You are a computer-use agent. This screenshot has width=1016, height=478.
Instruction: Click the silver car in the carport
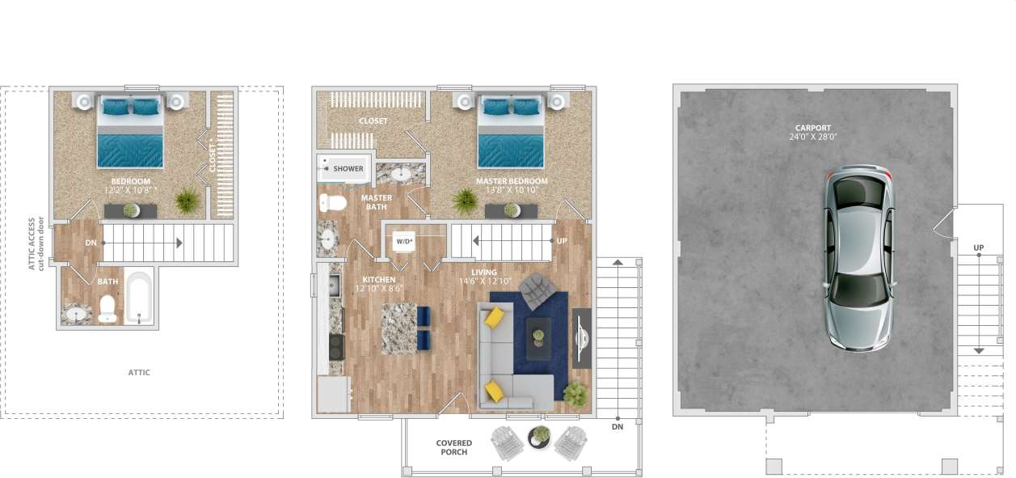pyautogui.click(x=858, y=259)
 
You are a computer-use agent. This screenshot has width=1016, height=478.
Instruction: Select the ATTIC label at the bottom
pyautogui.click(x=139, y=373)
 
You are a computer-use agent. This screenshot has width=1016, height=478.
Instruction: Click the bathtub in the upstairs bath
pyautogui.click(x=139, y=297)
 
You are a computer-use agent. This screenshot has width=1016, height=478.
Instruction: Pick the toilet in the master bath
pyautogui.click(x=332, y=201)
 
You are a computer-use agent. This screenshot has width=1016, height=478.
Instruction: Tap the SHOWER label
pyautogui.click(x=348, y=169)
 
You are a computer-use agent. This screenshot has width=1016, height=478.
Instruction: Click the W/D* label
pyautogui.click(x=403, y=241)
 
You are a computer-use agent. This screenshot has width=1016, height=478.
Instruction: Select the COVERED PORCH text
pyautogui.click(x=453, y=447)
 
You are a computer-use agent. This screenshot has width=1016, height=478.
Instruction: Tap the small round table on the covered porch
pyautogui.click(x=538, y=438)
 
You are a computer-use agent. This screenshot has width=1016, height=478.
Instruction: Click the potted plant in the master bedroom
pyautogui.click(x=465, y=199)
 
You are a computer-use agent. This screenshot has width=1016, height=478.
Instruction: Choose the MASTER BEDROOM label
pyautogui.click(x=511, y=181)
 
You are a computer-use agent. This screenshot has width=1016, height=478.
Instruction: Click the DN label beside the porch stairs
pyautogui.click(x=618, y=426)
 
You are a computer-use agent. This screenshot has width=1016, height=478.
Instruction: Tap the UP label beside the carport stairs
pyautogui.click(x=979, y=247)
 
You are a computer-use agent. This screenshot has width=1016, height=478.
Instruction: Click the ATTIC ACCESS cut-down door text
pyautogui.click(x=36, y=243)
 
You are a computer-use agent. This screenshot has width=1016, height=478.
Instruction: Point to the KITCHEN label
pyautogui.click(x=379, y=280)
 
